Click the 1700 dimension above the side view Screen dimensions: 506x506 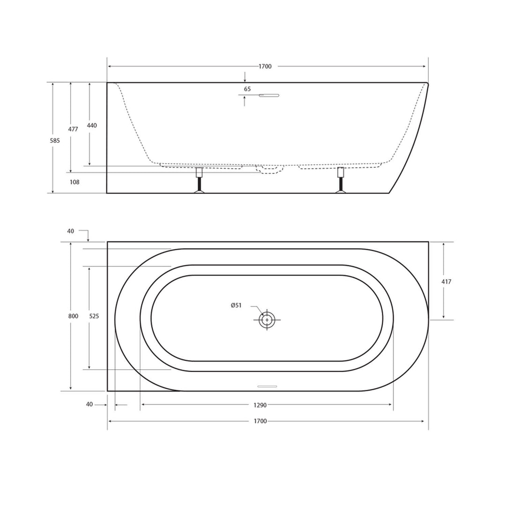point(265,67)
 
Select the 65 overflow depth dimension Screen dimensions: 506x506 point(247,89)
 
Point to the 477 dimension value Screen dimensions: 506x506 point(73,129)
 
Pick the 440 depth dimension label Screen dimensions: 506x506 point(92,126)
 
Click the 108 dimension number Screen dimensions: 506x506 point(74,182)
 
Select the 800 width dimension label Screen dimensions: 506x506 point(73,316)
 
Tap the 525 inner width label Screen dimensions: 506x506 point(94,316)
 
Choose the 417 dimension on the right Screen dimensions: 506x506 point(446,282)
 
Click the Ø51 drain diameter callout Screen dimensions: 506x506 point(236,305)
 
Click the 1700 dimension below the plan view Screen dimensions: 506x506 point(260,421)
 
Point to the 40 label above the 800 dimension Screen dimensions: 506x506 point(71,231)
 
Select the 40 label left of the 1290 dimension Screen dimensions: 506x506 point(89,404)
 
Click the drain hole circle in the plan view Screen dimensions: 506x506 point(267,320)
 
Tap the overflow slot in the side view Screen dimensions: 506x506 point(269,96)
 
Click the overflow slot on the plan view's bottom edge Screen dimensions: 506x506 point(268,387)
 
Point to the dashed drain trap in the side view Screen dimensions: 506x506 point(271,169)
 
